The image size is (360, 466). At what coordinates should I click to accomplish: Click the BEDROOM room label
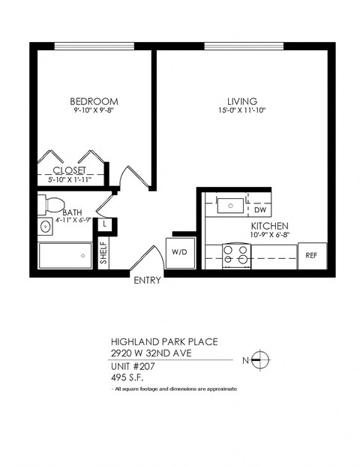click(x=94, y=101)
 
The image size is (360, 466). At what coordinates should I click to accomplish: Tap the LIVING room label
click(x=242, y=101)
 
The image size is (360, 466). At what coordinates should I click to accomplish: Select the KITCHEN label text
click(x=269, y=226)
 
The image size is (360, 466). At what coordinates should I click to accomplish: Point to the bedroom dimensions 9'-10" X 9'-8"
click(x=94, y=112)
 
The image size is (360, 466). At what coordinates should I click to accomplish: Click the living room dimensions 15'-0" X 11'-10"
click(x=242, y=112)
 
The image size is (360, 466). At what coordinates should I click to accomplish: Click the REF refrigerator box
click(x=311, y=255)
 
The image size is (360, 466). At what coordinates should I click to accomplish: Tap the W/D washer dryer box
click(x=180, y=251)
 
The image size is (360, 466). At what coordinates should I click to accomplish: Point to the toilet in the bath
click(x=53, y=203)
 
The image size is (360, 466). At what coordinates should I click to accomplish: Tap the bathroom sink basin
click(x=45, y=225)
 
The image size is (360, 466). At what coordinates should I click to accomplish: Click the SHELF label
click(x=103, y=254)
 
